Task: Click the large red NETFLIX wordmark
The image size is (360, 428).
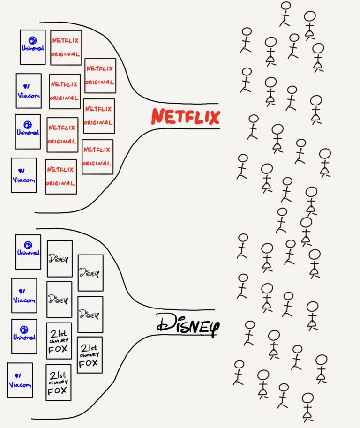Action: click(185, 116)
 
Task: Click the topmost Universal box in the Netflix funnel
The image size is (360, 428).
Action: click(33, 47)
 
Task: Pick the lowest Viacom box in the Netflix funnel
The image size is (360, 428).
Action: click(24, 175)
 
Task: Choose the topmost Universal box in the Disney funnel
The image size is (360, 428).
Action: click(28, 252)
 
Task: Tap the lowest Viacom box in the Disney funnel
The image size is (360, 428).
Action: click(20, 380)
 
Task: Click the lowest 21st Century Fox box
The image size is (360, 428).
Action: click(59, 383)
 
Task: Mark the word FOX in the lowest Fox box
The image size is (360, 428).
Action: click(58, 390)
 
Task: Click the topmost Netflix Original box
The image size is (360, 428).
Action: click(65, 47)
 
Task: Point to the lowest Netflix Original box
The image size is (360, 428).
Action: click(60, 176)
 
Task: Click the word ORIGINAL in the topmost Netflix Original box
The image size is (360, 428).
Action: click(66, 54)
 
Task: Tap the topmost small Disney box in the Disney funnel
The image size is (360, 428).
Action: click(60, 258)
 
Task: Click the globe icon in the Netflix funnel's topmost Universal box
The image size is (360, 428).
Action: click(32, 40)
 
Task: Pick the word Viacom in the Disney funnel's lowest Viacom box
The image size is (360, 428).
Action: click(20, 384)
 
